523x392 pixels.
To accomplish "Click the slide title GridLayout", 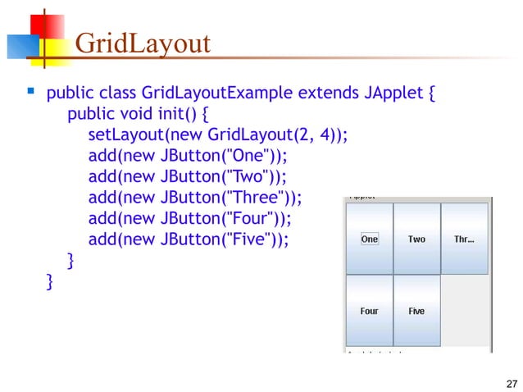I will click(143, 43).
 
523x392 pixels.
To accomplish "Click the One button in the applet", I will click(370, 239).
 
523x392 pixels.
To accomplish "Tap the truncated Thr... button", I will click(465, 239).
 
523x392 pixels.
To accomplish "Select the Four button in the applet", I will click(370, 311).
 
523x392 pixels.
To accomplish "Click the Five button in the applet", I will click(417, 311).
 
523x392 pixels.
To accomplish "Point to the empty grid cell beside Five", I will click(465, 311).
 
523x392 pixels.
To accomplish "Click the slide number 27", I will click(512, 385).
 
